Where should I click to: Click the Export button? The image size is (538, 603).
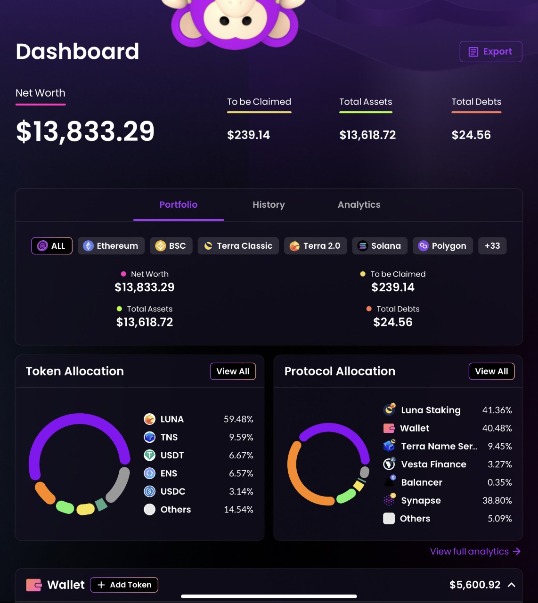tap(491, 51)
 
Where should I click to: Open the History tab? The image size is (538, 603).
tap(269, 205)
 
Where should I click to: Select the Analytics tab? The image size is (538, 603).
tap(359, 205)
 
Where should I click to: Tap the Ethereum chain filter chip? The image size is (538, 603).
tap(111, 246)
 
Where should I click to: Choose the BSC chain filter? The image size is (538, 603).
tap(171, 246)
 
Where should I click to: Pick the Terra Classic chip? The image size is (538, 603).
tap(238, 246)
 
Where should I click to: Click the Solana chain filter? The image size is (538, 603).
tap(380, 246)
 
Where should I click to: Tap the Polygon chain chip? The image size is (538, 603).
tap(443, 246)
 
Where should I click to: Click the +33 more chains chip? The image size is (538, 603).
tap(492, 246)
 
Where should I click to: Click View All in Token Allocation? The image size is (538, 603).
tap(233, 371)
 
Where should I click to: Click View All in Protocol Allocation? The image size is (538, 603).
tap(491, 371)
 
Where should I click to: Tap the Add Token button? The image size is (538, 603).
tap(124, 585)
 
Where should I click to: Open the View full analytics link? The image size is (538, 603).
tap(475, 552)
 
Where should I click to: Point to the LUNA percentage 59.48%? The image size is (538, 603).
tap(238, 419)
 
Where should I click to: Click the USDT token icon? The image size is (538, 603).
tap(149, 455)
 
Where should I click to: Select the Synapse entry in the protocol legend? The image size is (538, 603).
tap(421, 500)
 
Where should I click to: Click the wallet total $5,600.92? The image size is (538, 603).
tap(475, 585)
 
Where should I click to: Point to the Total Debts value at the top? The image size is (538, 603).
tap(471, 135)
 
